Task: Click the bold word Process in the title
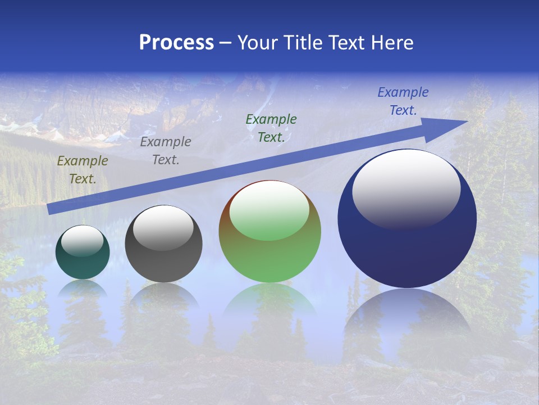pos(176,43)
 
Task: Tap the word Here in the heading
pos(391,43)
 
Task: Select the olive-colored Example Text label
pos(83,170)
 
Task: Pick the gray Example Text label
pos(166,151)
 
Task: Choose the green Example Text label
pos(271,128)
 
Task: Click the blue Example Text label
pos(403,101)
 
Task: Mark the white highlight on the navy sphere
pos(406,188)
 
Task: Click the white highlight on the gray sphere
pos(163,228)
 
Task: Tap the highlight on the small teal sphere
pos(82,241)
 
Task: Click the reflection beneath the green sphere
pos(269,301)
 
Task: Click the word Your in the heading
pos(259,43)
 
